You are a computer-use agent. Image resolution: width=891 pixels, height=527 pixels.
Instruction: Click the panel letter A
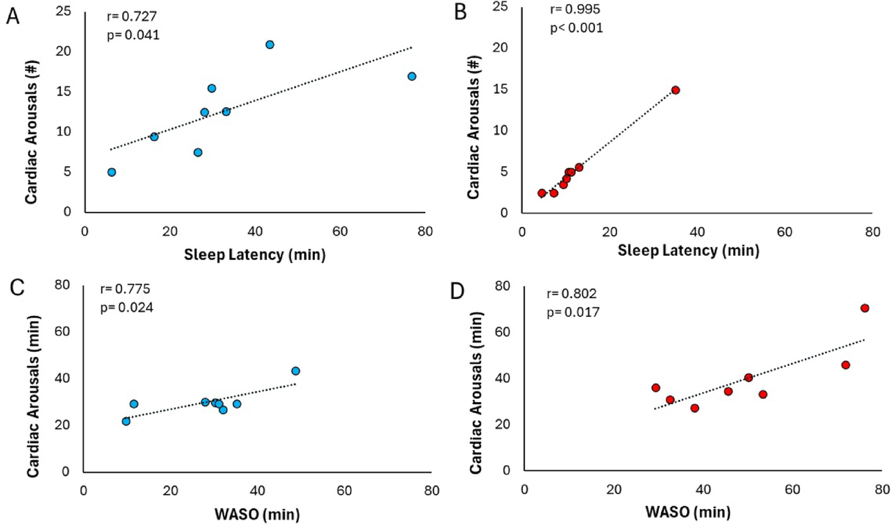[x=12, y=16]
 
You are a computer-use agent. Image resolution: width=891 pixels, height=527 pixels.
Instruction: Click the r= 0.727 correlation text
[x=132, y=16]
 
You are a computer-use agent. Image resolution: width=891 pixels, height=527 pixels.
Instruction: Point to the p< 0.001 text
[x=576, y=28]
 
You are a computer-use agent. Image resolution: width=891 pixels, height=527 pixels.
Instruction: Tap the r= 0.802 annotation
[x=571, y=293]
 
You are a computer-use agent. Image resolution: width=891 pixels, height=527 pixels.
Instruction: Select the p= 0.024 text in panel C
[x=127, y=307]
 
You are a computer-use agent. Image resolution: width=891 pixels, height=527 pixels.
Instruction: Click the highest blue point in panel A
[x=270, y=45]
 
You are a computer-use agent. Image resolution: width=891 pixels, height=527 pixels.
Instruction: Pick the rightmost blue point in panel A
[x=412, y=76]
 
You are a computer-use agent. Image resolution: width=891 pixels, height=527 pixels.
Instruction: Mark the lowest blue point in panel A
[x=112, y=172]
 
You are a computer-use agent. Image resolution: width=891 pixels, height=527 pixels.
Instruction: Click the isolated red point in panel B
[x=675, y=90]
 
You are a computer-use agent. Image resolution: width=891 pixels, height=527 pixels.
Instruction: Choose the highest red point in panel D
[x=865, y=308]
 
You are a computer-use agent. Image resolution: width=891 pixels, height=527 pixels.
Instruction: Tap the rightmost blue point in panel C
[x=295, y=371]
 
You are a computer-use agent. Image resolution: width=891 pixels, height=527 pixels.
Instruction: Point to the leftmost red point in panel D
[x=656, y=388]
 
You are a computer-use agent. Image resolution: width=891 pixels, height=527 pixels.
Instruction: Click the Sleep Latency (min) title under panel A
[x=254, y=255]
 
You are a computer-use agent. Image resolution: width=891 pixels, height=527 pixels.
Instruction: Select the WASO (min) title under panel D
[x=688, y=512]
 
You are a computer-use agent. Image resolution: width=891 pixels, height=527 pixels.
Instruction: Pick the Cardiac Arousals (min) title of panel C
[x=33, y=396]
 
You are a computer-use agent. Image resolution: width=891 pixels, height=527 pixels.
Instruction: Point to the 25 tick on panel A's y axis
[x=63, y=11]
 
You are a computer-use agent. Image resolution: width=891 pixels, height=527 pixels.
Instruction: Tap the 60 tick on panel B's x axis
[x=785, y=232]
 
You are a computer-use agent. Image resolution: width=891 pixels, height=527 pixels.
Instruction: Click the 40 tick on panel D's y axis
[x=503, y=378]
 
